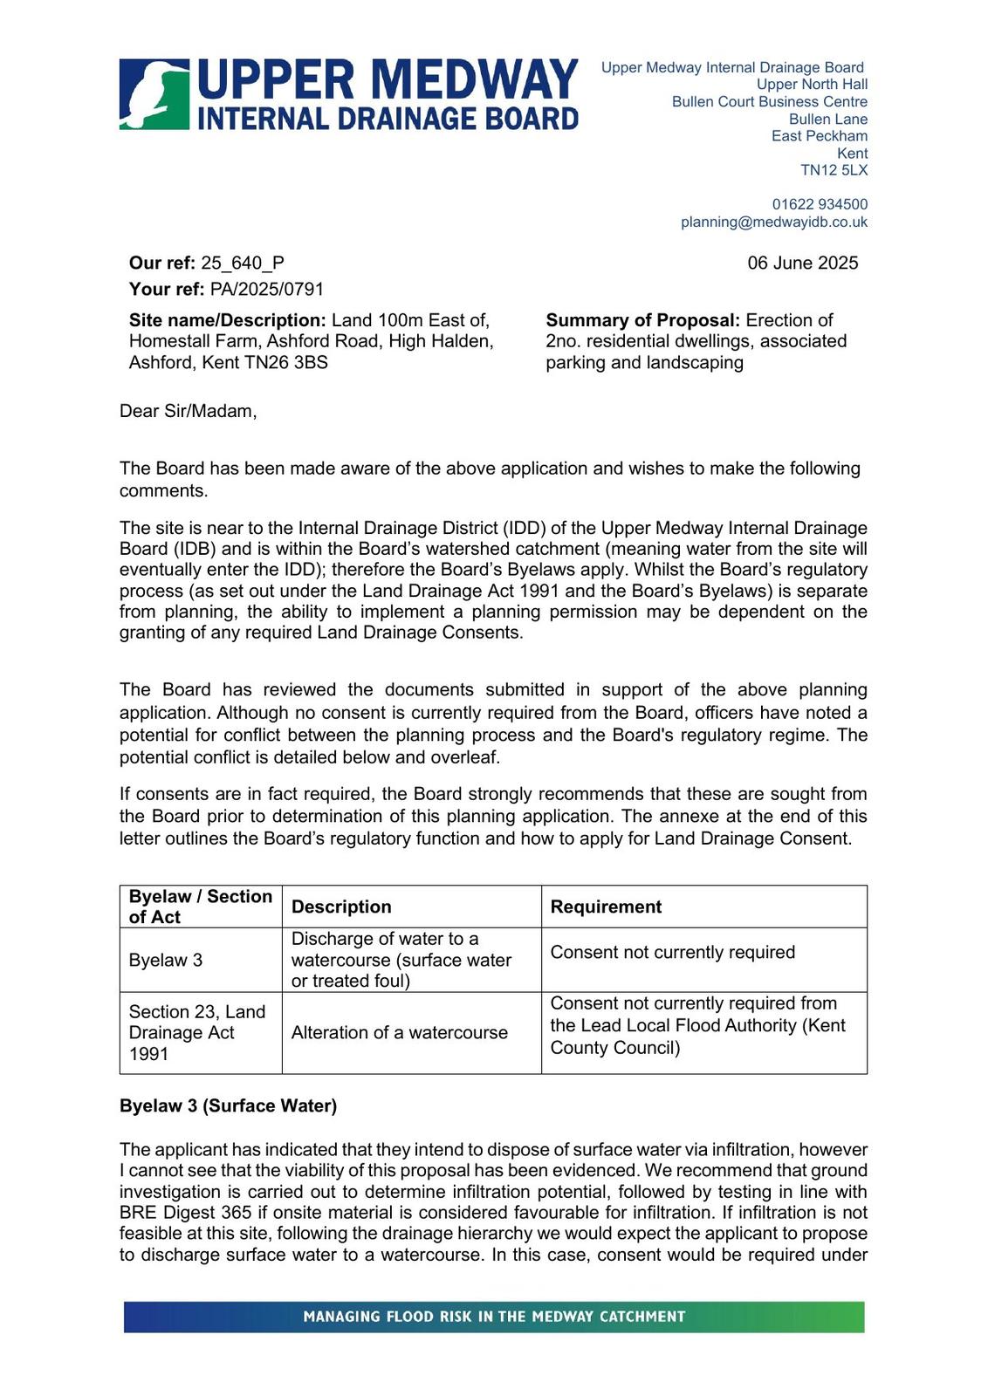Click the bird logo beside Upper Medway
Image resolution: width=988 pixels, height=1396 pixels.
(x=154, y=94)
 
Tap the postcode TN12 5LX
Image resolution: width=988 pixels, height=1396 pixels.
(x=834, y=170)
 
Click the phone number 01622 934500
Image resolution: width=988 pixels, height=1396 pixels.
(x=820, y=204)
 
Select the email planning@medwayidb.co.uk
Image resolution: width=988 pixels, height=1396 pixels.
(x=774, y=222)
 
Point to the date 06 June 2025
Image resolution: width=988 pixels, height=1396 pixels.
(x=802, y=263)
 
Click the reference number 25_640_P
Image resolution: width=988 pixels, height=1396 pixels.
(x=242, y=263)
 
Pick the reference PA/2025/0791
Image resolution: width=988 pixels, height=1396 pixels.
(x=266, y=289)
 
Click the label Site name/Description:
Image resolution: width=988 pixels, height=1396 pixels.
(x=227, y=320)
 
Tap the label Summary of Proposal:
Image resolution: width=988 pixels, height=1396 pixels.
(x=642, y=320)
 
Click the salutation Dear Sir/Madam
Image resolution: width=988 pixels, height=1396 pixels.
(x=188, y=411)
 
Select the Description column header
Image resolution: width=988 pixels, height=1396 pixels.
(x=341, y=907)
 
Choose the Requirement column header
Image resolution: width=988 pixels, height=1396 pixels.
(x=606, y=907)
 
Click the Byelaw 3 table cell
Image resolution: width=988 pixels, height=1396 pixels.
(x=166, y=960)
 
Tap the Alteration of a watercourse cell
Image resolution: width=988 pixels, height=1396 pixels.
(x=399, y=1032)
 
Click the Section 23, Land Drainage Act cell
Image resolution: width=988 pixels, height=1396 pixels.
(x=197, y=1032)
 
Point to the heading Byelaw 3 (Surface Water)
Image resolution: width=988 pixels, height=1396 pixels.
(x=228, y=1105)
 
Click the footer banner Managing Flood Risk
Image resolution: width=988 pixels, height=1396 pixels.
(x=494, y=1317)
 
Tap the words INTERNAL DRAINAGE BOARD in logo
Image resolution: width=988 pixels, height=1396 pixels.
(x=388, y=119)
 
